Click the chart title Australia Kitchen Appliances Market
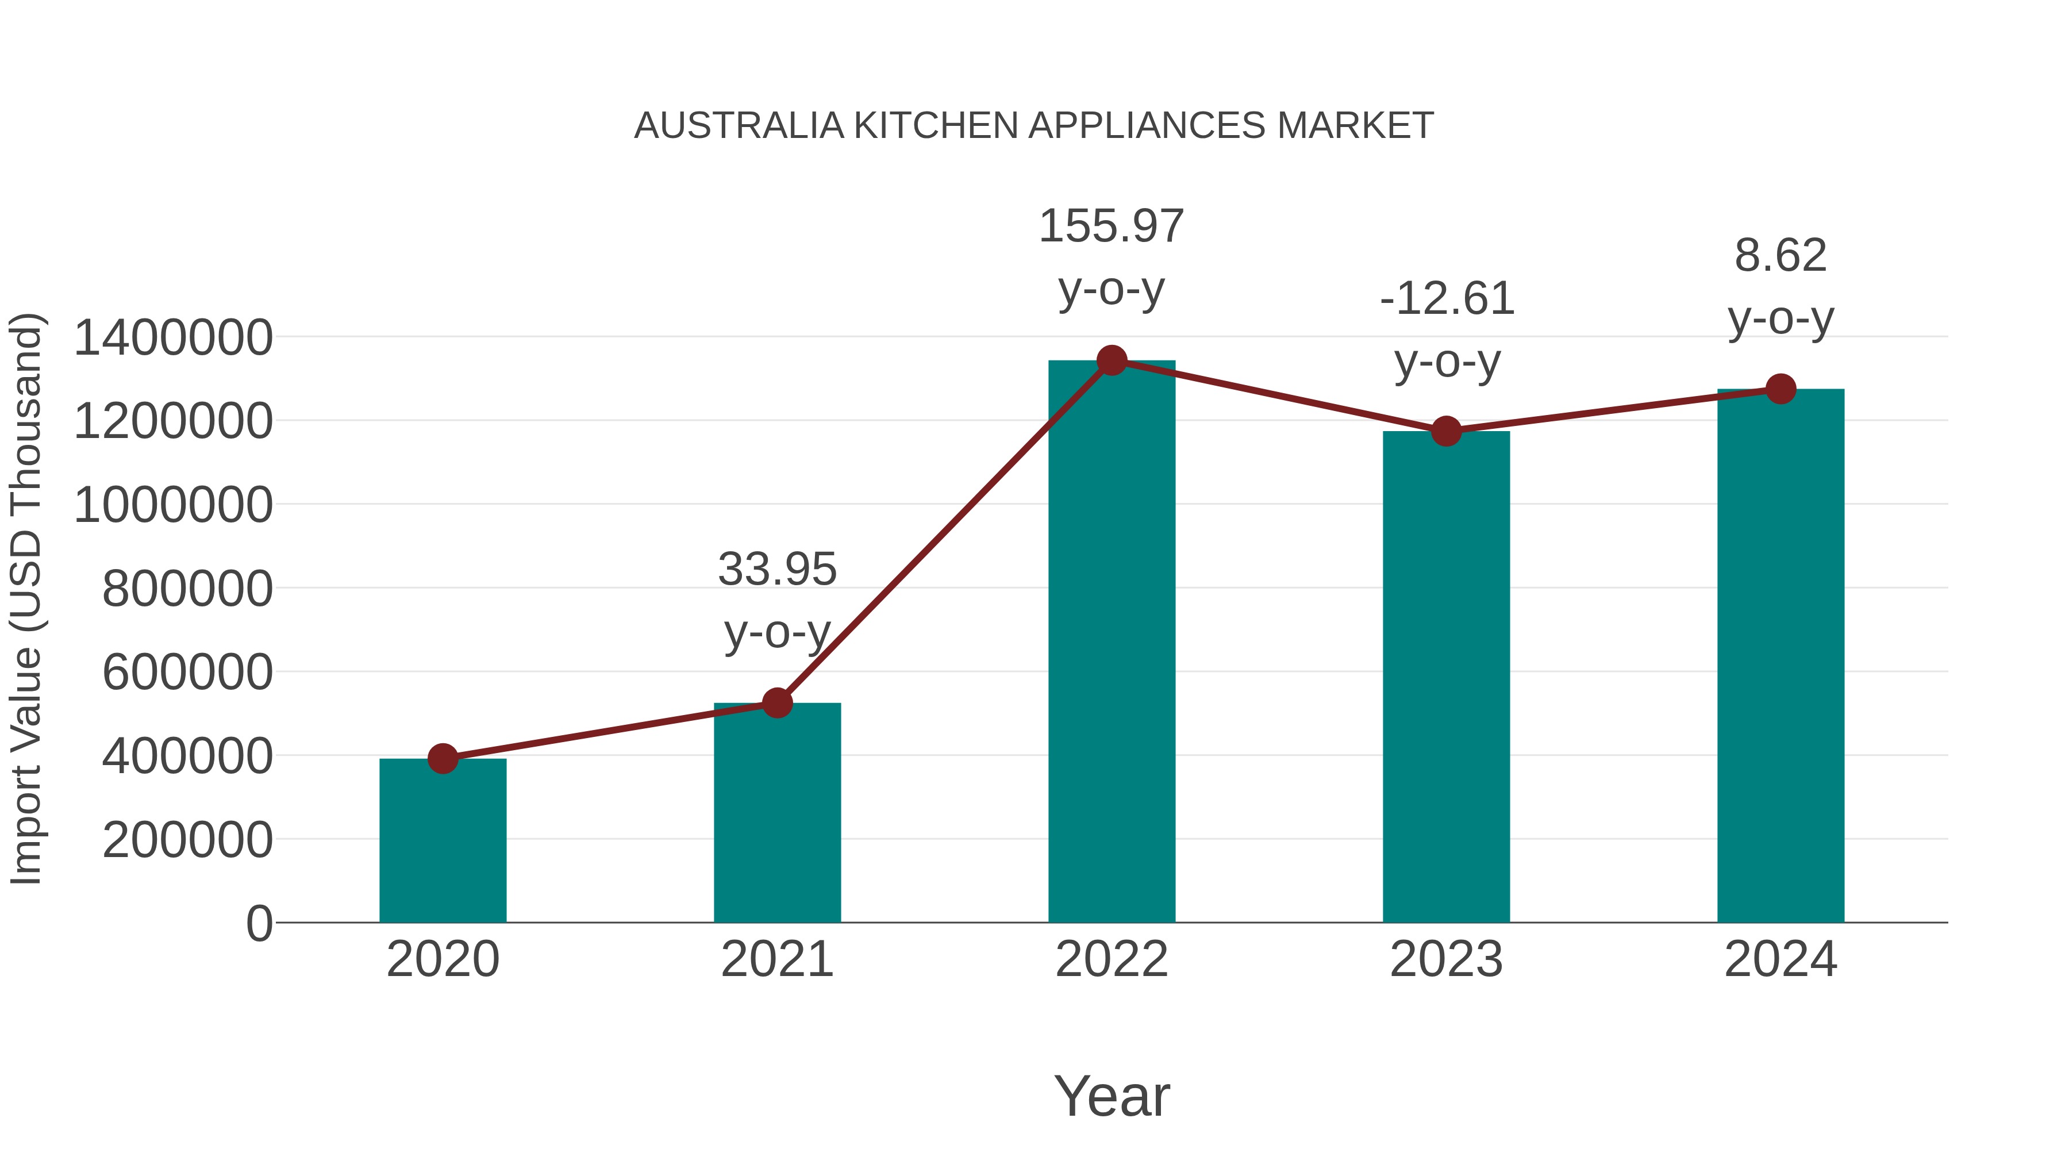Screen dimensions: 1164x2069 (x=1034, y=126)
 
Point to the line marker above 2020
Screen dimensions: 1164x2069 (x=443, y=758)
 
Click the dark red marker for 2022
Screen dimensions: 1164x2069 (x=1112, y=360)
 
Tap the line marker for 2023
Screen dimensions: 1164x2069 (x=1446, y=431)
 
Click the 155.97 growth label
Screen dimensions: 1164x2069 (x=1112, y=226)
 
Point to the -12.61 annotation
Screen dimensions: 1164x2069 (x=1447, y=299)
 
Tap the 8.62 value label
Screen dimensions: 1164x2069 (x=1780, y=256)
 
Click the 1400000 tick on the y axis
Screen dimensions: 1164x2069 (x=172, y=337)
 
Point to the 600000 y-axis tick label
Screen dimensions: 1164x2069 (x=187, y=673)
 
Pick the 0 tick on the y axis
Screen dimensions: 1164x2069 (x=259, y=924)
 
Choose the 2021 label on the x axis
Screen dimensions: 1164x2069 (x=776, y=960)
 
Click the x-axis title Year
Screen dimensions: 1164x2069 (x=1112, y=1097)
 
